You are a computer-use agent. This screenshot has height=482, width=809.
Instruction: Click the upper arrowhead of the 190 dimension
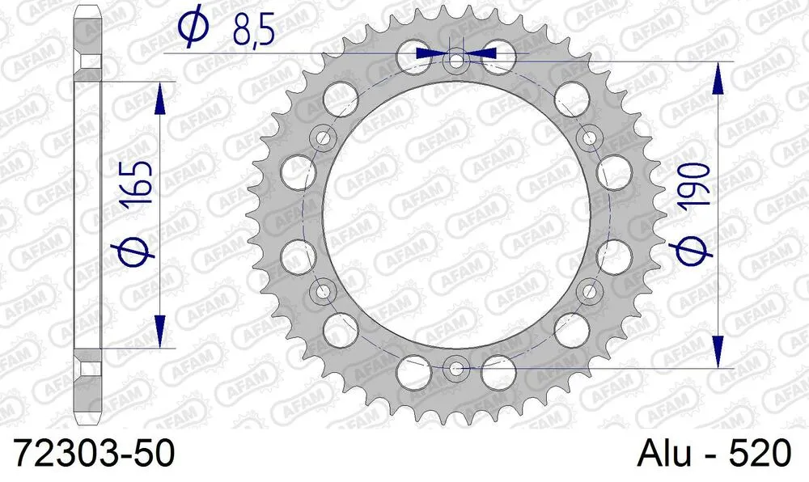pyautogui.click(x=716, y=76)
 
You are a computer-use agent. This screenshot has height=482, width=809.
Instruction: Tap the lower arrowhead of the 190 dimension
pyautogui.click(x=716, y=353)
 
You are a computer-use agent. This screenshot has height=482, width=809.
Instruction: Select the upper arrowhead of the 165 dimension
pyautogui.click(x=160, y=97)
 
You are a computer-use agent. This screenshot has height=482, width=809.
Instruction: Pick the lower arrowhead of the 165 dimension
pyautogui.click(x=160, y=332)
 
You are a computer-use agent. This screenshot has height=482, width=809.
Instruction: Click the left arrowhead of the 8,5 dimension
pyautogui.click(x=430, y=53)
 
